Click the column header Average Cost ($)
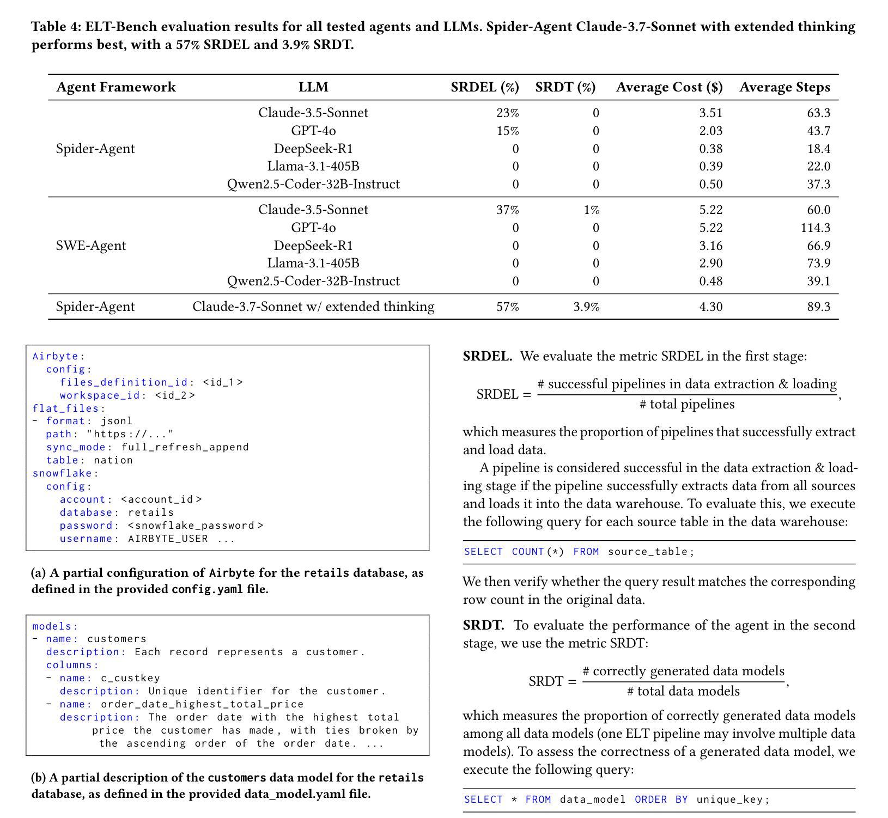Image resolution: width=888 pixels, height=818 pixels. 669,87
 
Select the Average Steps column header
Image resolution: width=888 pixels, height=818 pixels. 784,87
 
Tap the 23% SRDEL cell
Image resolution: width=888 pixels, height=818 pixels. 507,113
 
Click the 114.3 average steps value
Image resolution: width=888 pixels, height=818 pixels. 815,228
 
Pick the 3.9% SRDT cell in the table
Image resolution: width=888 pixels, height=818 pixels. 586,307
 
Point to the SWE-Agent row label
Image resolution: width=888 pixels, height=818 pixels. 91,246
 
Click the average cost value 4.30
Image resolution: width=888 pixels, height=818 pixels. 710,307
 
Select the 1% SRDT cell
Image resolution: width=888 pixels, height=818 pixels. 591,210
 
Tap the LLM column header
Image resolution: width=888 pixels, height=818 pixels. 313,87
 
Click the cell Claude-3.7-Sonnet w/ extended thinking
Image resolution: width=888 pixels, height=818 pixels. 313,307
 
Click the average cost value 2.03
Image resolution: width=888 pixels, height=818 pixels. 710,131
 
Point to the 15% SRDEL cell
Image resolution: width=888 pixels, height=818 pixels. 507,131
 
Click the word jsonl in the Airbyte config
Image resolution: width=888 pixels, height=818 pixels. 116,421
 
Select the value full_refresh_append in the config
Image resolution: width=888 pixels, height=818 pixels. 185,447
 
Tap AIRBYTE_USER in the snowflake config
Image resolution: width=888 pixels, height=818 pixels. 168,539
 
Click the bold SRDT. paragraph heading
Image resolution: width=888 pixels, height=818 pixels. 483,625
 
